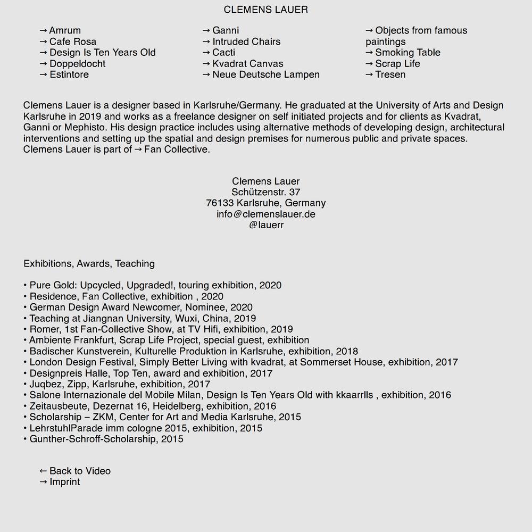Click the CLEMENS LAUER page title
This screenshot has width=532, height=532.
(265, 10)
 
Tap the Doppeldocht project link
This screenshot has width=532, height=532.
(73, 64)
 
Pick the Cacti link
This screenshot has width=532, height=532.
(221, 53)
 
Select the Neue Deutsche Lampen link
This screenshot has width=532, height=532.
(261, 74)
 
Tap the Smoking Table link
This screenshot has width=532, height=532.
(403, 53)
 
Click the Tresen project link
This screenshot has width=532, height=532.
(386, 74)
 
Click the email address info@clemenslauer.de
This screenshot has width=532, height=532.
(266, 214)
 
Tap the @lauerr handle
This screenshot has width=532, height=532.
(266, 225)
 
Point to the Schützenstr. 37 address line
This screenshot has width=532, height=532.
(266, 192)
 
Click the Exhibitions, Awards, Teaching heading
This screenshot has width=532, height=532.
(89, 263)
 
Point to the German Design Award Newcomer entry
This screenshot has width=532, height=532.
(140, 307)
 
